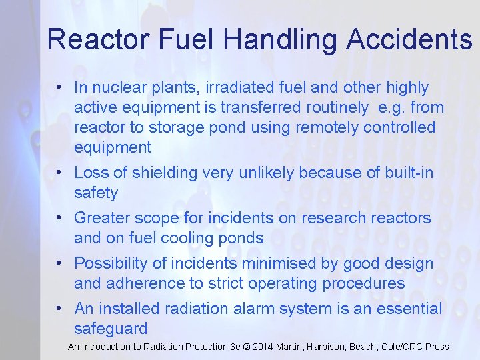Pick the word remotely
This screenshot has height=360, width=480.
tap(323, 127)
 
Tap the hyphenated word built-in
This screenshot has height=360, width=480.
tap(409, 173)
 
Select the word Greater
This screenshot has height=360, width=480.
tap(104, 218)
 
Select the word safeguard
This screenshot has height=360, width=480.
tap(111, 329)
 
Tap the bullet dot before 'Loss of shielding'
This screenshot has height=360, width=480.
tap(60, 173)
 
